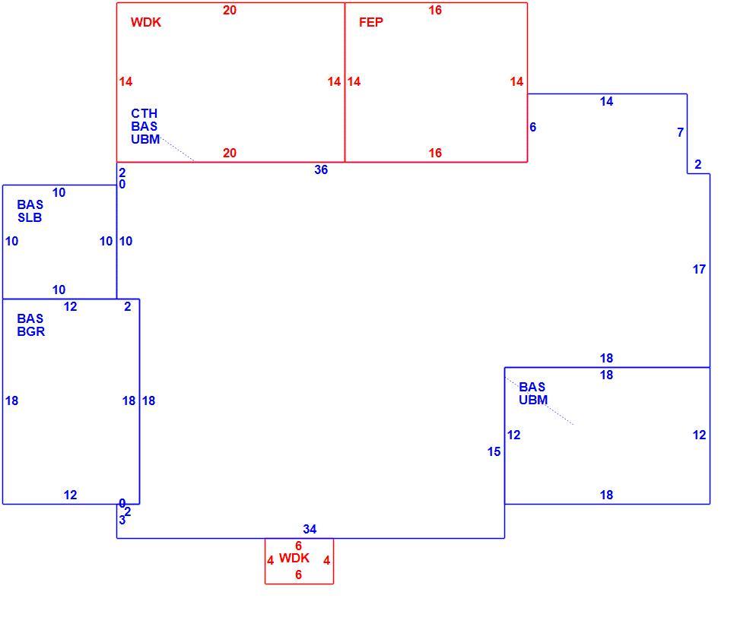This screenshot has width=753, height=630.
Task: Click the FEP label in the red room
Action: tap(370, 22)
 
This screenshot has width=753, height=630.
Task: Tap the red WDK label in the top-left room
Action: tap(146, 22)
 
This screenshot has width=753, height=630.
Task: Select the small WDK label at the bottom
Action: tap(294, 558)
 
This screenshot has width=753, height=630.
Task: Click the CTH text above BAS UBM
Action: tap(144, 113)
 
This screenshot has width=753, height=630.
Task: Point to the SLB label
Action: tap(30, 217)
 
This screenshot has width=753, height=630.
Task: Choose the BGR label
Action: tap(30, 331)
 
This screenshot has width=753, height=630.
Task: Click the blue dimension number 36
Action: tap(321, 170)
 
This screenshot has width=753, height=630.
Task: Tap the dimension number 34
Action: tap(310, 529)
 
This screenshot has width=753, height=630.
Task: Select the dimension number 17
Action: tap(699, 269)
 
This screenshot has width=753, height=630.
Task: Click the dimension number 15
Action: tap(494, 451)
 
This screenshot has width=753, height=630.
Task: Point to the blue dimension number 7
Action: tap(680, 132)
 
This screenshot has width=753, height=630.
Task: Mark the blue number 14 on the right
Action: tap(606, 101)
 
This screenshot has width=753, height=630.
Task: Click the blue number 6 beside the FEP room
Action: tap(532, 127)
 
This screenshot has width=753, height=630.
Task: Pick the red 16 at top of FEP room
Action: tap(435, 10)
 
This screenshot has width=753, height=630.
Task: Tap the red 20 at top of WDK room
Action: tap(230, 10)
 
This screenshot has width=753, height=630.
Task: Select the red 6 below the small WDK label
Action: tap(298, 575)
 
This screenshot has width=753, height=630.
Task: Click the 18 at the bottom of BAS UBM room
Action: tap(606, 495)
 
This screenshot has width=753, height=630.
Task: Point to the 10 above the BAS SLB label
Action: tap(59, 193)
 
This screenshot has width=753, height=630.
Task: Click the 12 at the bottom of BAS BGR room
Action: tap(70, 495)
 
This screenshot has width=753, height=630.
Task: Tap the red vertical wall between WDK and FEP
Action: tap(345, 82)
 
